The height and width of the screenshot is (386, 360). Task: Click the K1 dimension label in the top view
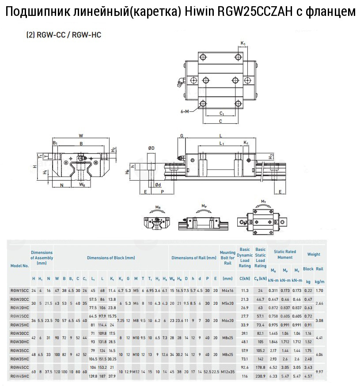coord(243,43)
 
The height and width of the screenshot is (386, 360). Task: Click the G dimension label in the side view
coord(181,137)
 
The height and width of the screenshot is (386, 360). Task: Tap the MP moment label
coord(204,206)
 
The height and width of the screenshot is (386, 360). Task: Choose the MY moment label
coord(264,202)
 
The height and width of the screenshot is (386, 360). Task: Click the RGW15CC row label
coord(19,290)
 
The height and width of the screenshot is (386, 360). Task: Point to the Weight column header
coord(314,254)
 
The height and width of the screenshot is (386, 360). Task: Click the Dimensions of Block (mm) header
coord(110,257)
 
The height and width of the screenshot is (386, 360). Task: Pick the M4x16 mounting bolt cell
coord(227,290)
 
